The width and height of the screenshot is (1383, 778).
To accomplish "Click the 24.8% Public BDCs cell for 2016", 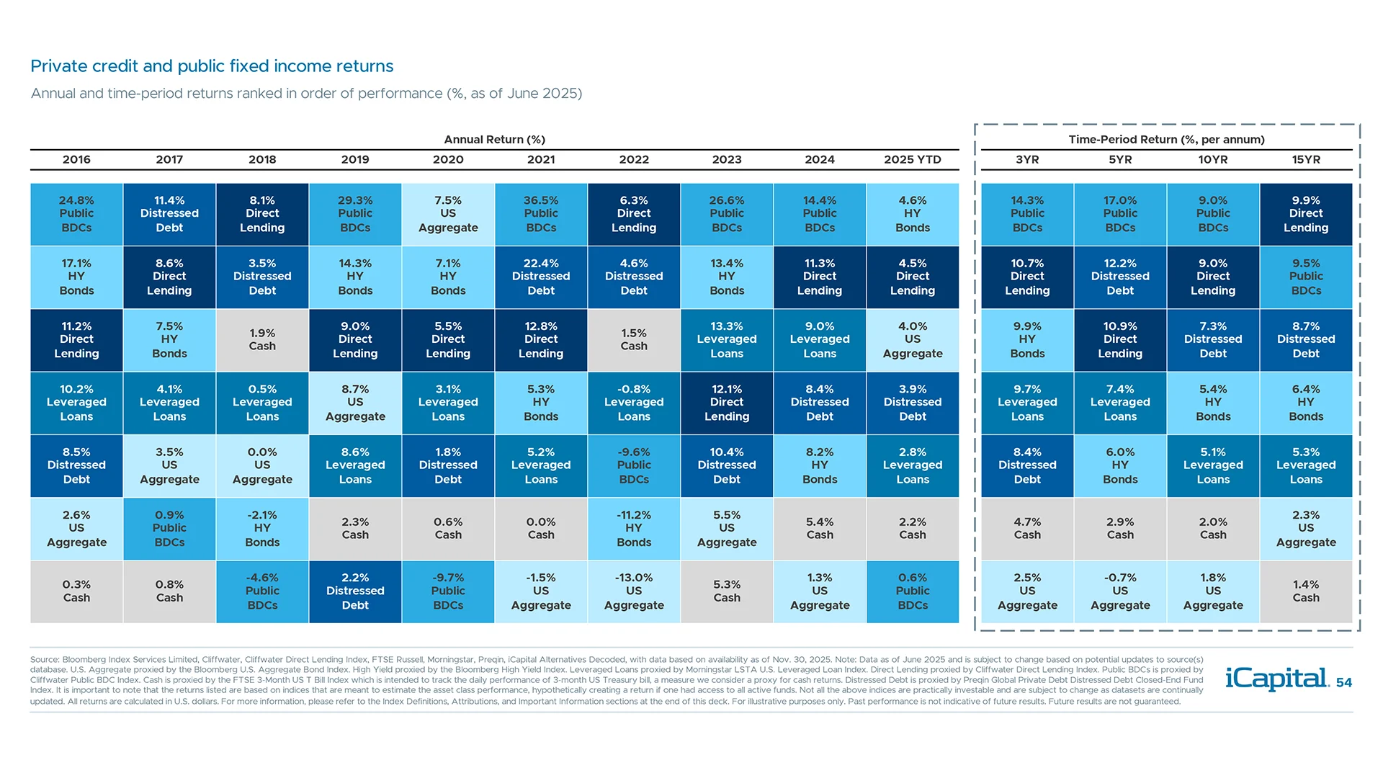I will pyautogui.click(x=76, y=214).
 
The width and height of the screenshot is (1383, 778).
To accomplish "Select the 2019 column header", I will pyautogui.click(x=355, y=159).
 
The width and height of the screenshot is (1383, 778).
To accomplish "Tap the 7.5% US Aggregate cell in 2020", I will pyautogui.click(x=448, y=214).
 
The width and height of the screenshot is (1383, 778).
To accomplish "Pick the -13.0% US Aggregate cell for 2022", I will pyautogui.click(x=634, y=591).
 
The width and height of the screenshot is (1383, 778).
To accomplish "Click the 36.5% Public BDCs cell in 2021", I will pyautogui.click(x=541, y=214).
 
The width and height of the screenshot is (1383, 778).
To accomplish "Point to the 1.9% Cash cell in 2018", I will pyautogui.click(x=262, y=339).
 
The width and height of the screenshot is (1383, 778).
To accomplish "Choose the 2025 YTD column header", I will pyautogui.click(x=912, y=159).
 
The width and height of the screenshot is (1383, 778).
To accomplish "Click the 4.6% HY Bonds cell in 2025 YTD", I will pyautogui.click(x=913, y=214).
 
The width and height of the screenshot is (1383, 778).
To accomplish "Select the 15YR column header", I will pyautogui.click(x=1305, y=159).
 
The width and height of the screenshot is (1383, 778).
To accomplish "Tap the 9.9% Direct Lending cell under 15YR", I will pyautogui.click(x=1305, y=214).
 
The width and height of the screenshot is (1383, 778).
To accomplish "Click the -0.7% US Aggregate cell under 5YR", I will pyautogui.click(x=1120, y=591).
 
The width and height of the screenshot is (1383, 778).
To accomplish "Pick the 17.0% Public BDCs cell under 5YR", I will pyautogui.click(x=1120, y=214).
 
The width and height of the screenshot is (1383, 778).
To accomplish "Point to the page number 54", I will pyautogui.click(x=1344, y=683).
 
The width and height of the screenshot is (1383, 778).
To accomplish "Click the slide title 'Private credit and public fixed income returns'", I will pyautogui.click(x=212, y=66).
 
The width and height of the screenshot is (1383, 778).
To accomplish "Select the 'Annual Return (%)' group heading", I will pyautogui.click(x=494, y=139).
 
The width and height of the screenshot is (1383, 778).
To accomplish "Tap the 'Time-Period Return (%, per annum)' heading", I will pyautogui.click(x=1166, y=139).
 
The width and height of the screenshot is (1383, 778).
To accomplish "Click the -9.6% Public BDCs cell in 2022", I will pyautogui.click(x=634, y=465).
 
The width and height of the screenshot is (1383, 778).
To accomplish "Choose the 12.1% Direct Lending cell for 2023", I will pyautogui.click(x=727, y=403).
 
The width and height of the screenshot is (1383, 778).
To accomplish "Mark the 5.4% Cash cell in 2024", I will pyautogui.click(x=820, y=528).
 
